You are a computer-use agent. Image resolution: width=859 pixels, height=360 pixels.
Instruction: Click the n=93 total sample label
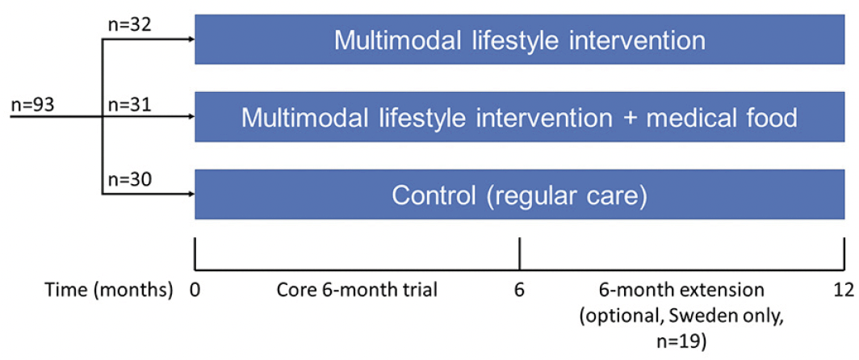[32, 105]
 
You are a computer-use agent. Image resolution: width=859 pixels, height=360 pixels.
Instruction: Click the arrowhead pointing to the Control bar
[192, 194]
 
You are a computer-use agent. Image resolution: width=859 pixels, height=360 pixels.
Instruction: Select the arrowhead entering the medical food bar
[192, 117]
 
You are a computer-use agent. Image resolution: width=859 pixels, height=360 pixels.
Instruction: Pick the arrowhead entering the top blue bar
[192, 40]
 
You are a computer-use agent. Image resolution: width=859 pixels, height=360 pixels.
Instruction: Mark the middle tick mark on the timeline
[519, 253]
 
